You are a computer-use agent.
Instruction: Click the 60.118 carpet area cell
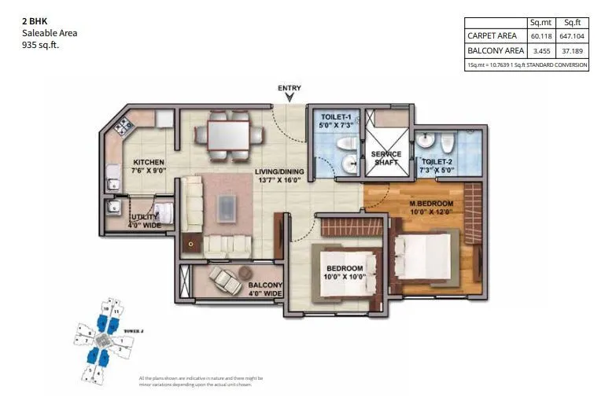tap(540, 36)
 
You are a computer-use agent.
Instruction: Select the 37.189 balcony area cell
tap(571, 51)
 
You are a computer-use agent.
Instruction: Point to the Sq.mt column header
tap(540, 23)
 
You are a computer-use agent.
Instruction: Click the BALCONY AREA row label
tap(496, 51)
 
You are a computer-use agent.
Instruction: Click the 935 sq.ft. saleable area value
tap(40, 46)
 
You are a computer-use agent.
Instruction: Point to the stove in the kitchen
tap(124, 125)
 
